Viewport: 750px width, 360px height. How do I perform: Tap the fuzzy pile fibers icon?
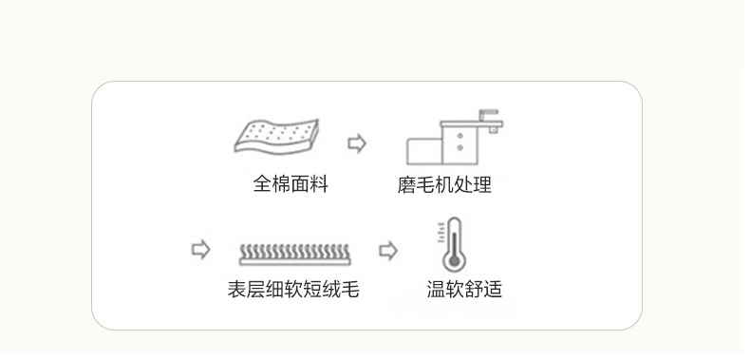tap(293, 253)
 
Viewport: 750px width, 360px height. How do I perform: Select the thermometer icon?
tap(453, 245)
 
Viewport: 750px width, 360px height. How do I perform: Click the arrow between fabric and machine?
tap(357, 143)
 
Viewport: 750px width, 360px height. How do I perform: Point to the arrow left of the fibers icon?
tap(200, 250)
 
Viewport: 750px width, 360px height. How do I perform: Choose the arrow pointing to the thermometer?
tap(388, 251)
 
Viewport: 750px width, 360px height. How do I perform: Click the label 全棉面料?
tap(291, 184)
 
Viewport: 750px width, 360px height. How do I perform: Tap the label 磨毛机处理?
tap(444, 184)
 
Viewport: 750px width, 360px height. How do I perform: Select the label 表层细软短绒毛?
tap(293, 289)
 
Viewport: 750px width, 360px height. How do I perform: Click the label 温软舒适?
tap(464, 289)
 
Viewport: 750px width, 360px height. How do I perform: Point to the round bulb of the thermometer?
tap(453, 259)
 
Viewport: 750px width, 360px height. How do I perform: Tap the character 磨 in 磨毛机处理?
tap(406, 184)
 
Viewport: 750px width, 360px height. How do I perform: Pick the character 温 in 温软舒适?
tap(436, 289)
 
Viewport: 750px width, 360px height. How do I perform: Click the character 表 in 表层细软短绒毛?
tap(236, 289)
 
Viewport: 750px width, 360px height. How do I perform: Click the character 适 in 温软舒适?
tap(493, 289)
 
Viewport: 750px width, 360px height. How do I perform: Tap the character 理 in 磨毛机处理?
tap(482, 184)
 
